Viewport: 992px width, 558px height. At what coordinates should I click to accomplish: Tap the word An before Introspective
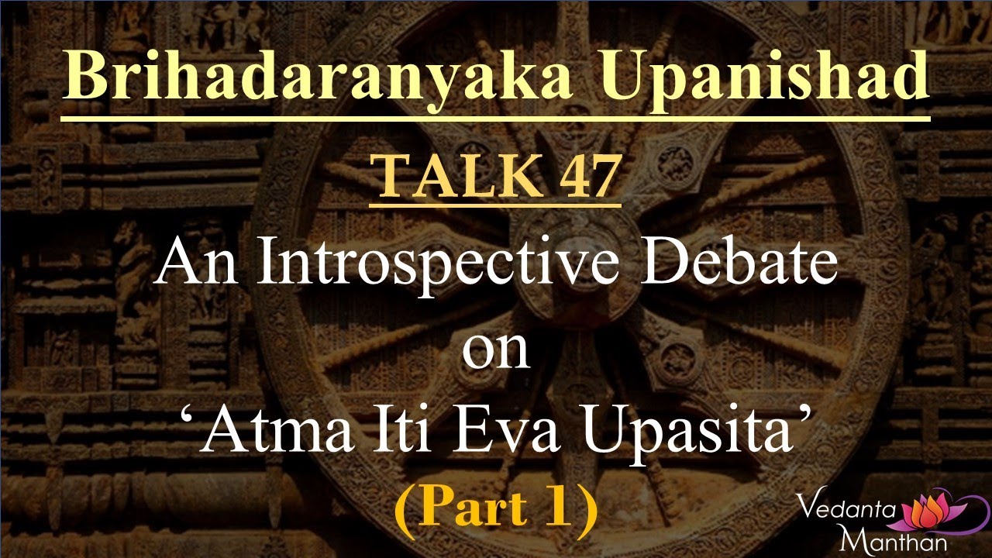click(192, 263)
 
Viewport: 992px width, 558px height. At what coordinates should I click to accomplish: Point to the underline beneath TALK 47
click(495, 205)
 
